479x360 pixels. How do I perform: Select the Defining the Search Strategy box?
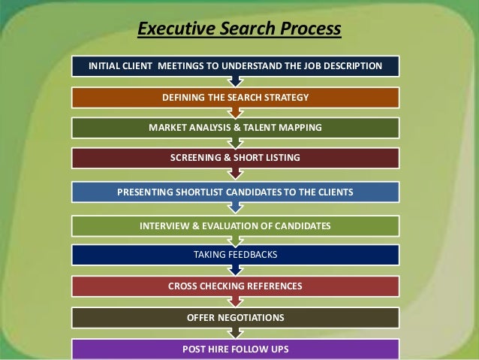(235, 98)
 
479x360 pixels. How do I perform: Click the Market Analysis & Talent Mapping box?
(235, 128)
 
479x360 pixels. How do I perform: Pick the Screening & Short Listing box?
(235, 158)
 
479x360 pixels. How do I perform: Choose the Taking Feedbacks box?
(235, 256)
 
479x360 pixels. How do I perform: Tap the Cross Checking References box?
(235, 286)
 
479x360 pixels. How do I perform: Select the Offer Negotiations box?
(235, 318)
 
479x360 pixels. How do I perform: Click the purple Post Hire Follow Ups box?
(235, 349)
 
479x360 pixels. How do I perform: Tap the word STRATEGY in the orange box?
(282, 98)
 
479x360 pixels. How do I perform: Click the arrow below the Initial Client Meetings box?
(235, 81)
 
